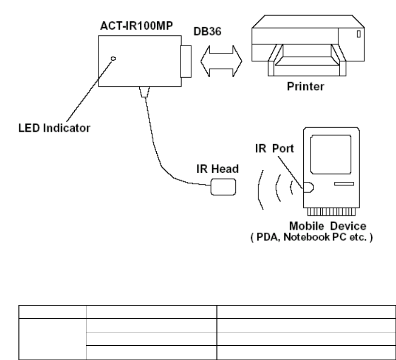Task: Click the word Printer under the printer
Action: coord(304,89)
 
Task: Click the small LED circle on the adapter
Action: coord(114,59)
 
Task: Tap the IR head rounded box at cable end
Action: coord(223,187)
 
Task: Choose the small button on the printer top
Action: coord(358,34)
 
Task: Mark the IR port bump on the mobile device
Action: coord(308,186)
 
